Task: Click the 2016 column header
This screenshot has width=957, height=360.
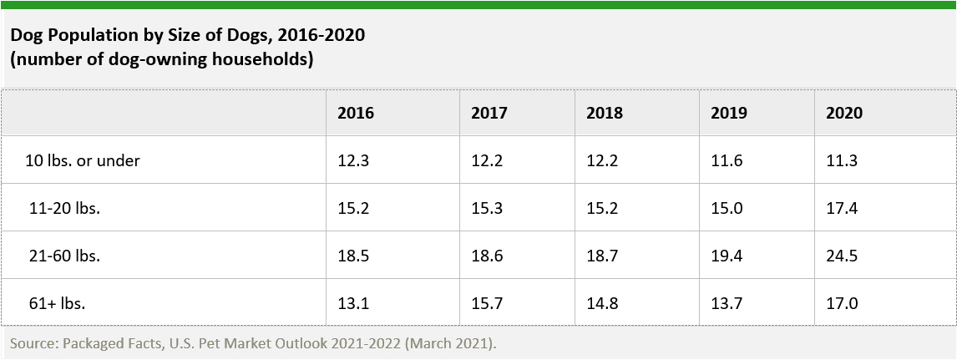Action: (356, 113)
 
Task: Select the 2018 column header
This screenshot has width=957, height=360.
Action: (605, 113)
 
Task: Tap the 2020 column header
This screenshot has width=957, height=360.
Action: (844, 113)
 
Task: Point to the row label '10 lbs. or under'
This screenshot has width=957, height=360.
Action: (83, 160)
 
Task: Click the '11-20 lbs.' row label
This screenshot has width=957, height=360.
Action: (64, 208)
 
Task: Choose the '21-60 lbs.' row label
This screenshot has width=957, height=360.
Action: (64, 256)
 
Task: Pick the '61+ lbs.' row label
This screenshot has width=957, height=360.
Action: (57, 303)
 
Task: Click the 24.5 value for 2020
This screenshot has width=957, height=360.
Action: (841, 256)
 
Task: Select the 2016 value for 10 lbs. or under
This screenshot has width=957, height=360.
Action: (352, 160)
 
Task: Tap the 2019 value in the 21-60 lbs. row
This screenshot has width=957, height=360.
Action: (726, 256)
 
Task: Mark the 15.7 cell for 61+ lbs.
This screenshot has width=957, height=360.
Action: (487, 303)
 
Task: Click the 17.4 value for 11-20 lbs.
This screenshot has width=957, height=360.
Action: (841, 208)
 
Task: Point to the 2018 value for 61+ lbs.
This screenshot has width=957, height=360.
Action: (601, 303)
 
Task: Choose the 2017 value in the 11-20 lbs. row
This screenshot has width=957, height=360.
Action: (487, 208)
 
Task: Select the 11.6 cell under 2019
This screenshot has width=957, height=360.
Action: (726, 160)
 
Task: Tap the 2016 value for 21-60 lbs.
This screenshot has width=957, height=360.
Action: (352, 256)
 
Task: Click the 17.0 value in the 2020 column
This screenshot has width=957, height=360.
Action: (841, 303)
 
